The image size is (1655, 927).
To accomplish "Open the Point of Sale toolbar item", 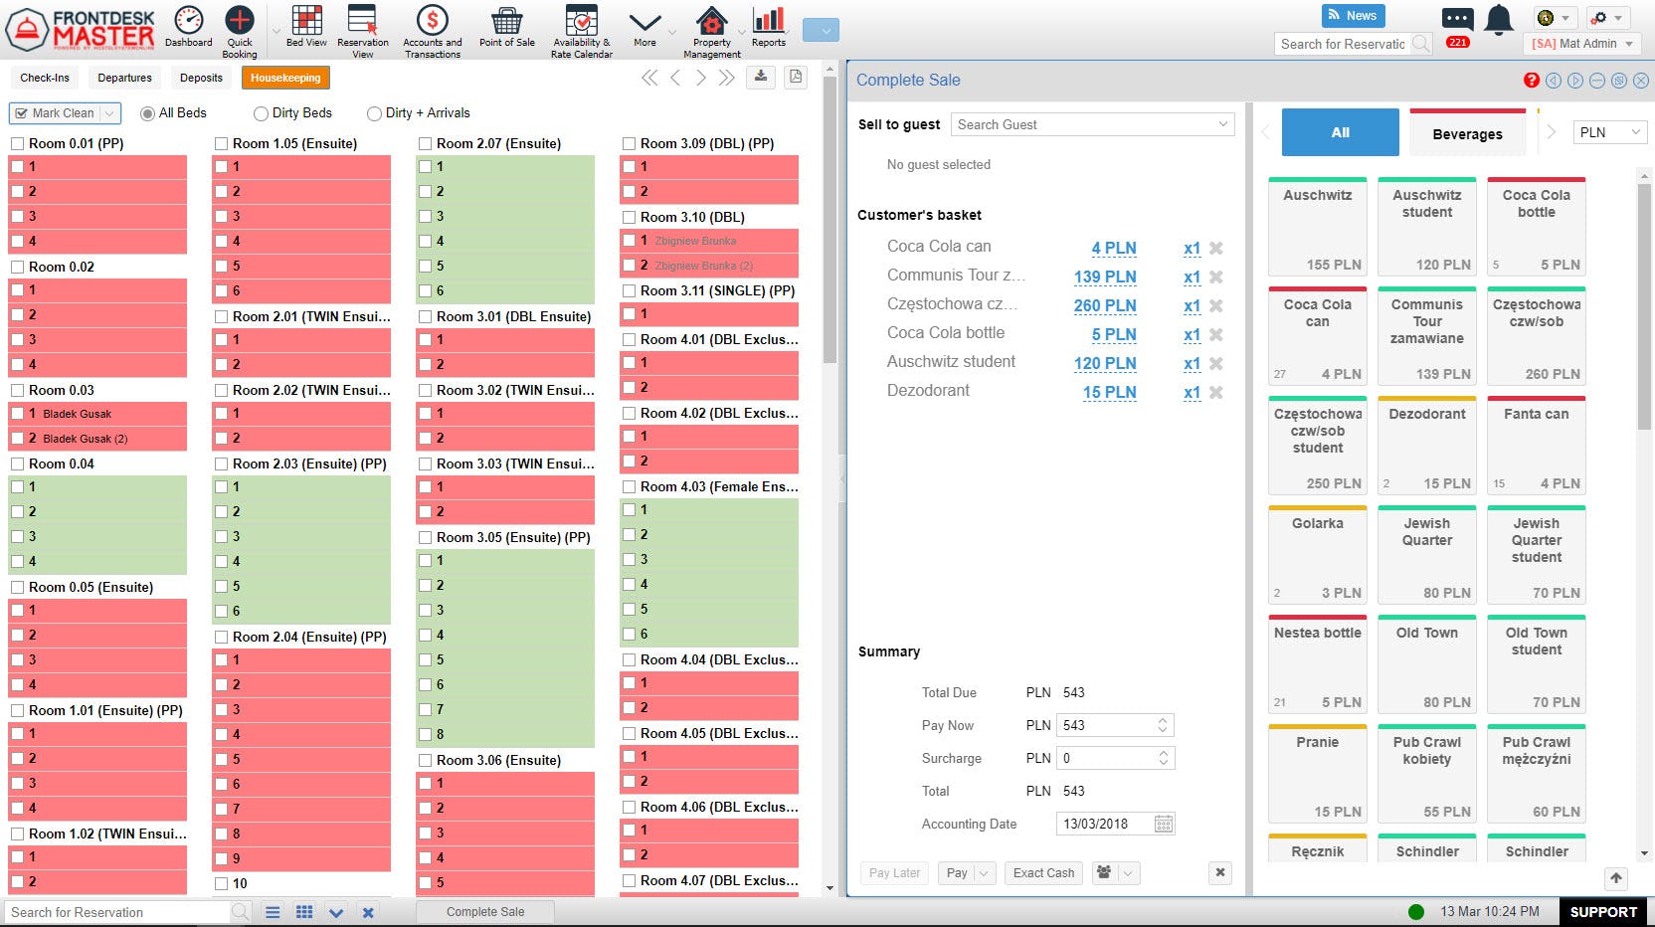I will (506, 29).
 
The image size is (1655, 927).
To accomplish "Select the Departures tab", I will (124, 78).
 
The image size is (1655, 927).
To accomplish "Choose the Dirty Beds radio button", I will (262, 113).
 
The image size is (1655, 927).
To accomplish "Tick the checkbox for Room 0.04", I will (18, 463).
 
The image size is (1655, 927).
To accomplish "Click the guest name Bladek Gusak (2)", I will (86, 439).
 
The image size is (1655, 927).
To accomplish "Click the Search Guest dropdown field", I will (1092, 124).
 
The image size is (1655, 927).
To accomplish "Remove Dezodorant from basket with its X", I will (1215, 393).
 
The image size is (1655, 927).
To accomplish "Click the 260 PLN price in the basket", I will (1104, 306).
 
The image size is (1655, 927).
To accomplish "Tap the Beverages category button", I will (1467, 133).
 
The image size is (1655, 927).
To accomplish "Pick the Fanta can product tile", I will (1536, 446).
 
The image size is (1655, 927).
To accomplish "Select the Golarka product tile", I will (1318, 555).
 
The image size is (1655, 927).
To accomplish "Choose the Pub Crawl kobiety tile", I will (1426, 774).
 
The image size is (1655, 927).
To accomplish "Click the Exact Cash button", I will (1043, 873).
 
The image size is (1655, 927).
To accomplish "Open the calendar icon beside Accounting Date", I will (1164, 824).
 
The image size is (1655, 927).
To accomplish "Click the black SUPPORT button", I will (1602, 912).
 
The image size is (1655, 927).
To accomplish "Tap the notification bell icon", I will (1498, 20).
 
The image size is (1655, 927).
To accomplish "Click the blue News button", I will (1353, 16).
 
